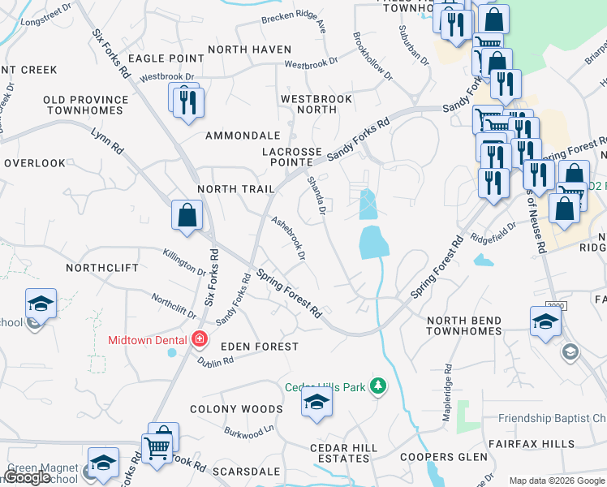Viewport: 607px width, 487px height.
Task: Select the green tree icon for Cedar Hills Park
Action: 377,386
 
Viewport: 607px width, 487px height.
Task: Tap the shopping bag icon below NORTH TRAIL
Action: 187,216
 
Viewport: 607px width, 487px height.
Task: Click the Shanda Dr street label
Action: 316,196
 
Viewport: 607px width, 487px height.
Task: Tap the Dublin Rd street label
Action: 215,364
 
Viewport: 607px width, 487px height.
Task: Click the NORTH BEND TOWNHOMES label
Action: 464,325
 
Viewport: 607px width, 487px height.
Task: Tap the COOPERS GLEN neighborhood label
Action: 443,457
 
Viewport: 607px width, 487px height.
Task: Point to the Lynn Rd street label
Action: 107,140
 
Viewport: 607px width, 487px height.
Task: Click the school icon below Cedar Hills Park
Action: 316,403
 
